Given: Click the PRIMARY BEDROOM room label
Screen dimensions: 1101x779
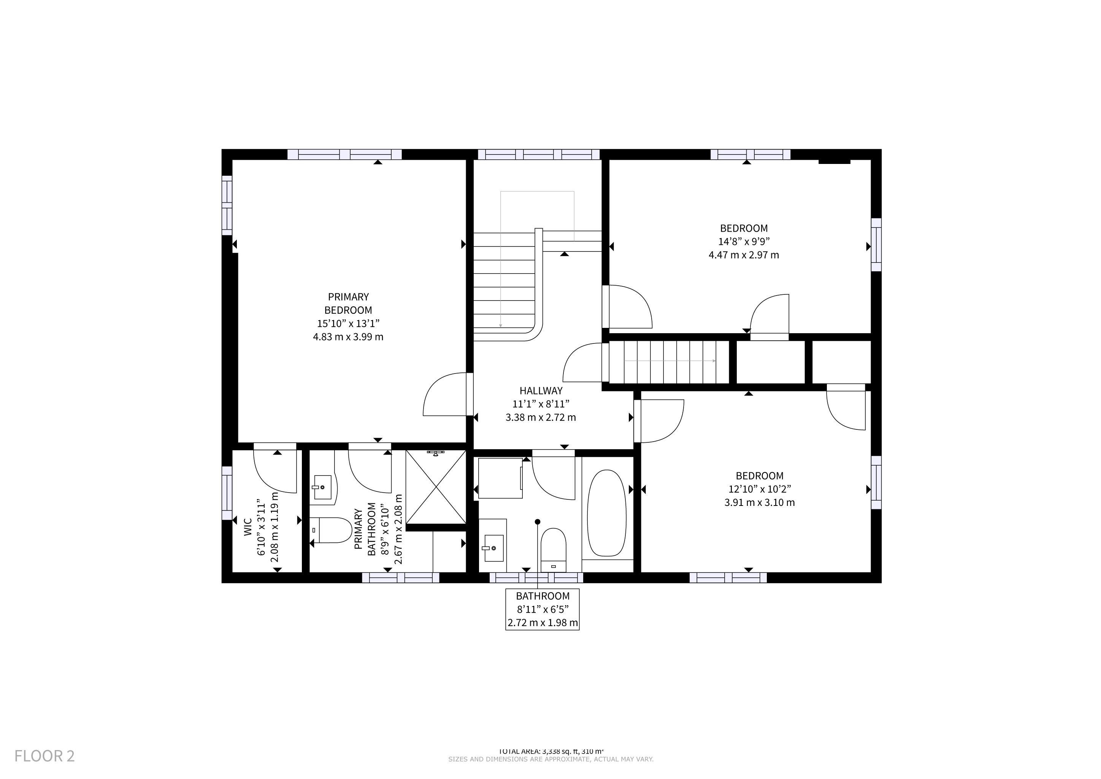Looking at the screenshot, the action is coord(348,303).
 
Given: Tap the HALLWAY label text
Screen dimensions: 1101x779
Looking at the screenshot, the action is coord(541,391).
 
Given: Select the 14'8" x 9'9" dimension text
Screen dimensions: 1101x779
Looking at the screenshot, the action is coord(744,241).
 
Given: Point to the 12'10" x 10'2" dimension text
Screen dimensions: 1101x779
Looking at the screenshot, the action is coord(760,489).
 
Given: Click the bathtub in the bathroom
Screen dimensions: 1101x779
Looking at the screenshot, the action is coord(607,513).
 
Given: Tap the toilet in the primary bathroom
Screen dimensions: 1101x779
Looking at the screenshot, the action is coord(331,530).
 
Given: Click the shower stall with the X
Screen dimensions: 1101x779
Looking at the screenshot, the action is coord(436,487).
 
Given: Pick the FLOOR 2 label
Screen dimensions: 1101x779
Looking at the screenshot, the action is coord(44,756).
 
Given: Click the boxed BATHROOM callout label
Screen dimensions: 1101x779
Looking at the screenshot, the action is coord(543,609).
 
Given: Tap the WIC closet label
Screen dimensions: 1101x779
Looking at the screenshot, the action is coord(247,527).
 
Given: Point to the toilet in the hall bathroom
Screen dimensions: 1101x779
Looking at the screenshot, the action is coord(554,550).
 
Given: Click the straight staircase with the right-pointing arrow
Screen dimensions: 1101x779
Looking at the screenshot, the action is coord(669,362).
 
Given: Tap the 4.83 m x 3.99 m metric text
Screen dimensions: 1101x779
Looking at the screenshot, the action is coord(348,337).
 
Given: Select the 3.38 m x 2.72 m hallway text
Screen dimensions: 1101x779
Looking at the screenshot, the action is coord(541,417).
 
